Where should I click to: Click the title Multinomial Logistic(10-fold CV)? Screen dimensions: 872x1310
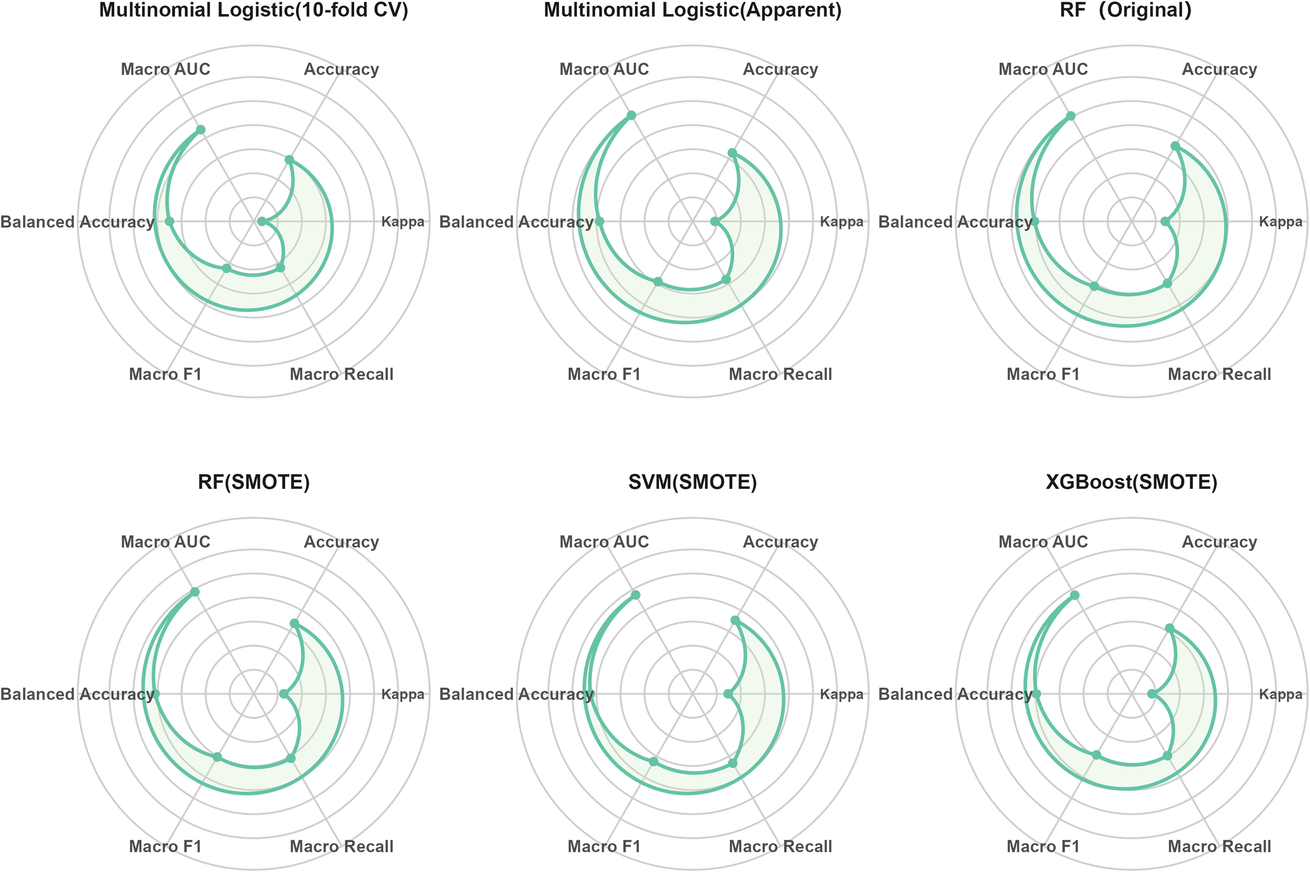(x=254, y=10)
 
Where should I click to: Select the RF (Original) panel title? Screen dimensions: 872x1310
(x=1126, y=10)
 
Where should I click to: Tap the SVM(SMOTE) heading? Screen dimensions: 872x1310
(x=692, y=482)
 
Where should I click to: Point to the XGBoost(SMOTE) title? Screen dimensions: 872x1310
(x=1131, y=482)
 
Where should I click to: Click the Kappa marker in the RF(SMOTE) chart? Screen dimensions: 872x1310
(x=283, y=694)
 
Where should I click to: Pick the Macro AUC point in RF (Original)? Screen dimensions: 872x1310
(x=1071, y=116)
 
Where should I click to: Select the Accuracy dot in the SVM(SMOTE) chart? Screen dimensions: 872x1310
(x=735, y=620)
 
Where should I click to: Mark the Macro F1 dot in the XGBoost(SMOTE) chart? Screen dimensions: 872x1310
(x=1096, y=755)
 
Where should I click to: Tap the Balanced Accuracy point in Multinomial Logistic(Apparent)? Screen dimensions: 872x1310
(x=599, y=222)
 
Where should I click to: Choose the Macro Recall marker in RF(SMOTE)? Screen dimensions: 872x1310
(x=291, y=758)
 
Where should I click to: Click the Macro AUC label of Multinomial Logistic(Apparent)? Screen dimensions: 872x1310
(x=604, y=70)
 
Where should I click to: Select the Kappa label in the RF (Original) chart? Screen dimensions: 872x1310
(x=1281, y=222)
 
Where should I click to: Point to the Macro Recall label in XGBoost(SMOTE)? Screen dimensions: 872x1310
(x=1219, y=846)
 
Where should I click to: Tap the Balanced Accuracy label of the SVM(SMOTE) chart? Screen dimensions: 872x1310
(x=517, y=694)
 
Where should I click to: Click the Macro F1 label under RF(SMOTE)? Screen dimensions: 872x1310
(x=165, y=846)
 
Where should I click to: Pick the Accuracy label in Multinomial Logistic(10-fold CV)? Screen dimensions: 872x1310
(x=342, y=70)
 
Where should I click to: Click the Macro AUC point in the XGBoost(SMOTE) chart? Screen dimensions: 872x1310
(x=1075, y=595)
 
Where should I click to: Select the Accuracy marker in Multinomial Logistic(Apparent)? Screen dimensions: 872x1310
(x=732, y=152)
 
